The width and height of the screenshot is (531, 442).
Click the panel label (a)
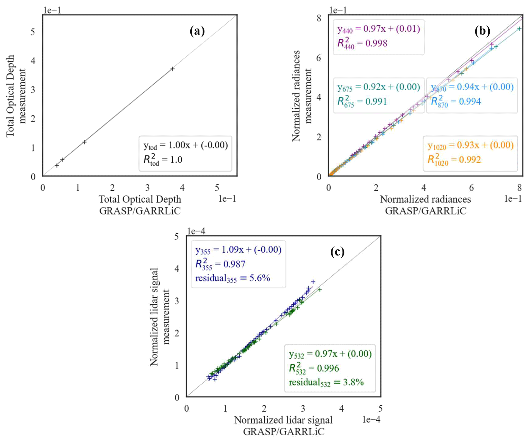pos(197,31)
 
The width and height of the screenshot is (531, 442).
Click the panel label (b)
pos(482,31)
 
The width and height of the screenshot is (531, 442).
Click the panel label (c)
pos(337,252)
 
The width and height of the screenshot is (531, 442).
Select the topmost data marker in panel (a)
pos(173,69)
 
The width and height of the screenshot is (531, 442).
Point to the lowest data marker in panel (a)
pos(57,165)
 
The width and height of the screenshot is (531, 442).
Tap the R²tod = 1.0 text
pos(163,160)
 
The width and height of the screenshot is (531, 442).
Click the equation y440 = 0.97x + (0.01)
pos(379,29)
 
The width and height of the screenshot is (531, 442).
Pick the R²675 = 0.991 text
pos(362,101)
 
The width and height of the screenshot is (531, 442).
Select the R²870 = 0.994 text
pos(456,101)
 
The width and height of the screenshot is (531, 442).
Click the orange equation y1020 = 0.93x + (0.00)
pos(470,145)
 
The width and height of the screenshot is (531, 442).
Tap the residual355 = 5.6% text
pos(232,278)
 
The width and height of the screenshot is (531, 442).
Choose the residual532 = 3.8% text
pos(326,383)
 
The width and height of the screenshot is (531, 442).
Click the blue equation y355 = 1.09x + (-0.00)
pos(238,250)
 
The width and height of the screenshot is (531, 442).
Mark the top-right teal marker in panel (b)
pos(519,29)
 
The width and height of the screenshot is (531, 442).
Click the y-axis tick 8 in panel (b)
pos(319,18)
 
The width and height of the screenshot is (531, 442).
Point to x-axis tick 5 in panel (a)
pos(217,188)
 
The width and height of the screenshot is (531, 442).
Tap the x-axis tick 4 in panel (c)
pos(341,409)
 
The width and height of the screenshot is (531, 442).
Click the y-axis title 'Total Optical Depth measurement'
pos(16,96)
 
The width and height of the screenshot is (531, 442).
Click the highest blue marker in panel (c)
pos(313,282)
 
